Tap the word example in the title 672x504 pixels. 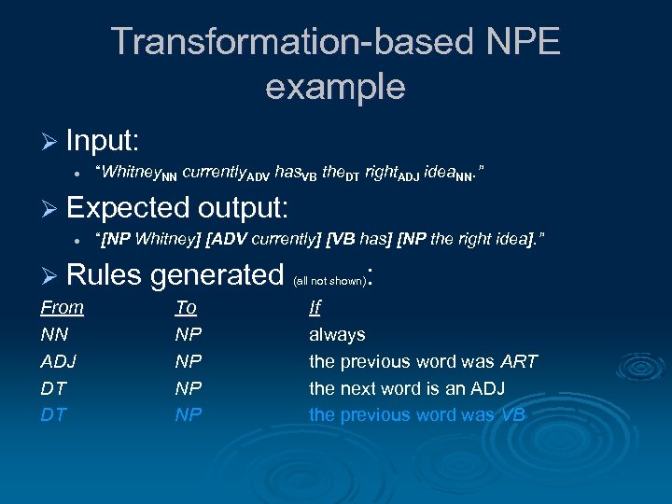pos(335,87)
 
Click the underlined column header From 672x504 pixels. pos(62,307)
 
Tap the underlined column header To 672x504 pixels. pos(186,307)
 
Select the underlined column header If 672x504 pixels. pos(315,307)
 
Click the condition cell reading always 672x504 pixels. pos(337,334)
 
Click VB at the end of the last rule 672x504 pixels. pos(513,414)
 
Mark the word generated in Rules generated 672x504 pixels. pos(216,274)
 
